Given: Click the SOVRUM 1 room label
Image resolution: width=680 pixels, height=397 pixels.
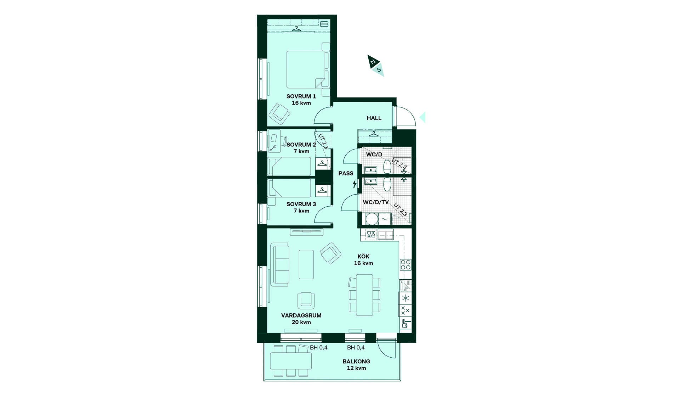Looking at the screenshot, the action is (x=301, y=96).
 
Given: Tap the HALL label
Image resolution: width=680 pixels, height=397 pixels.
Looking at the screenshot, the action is (x=374, y=118).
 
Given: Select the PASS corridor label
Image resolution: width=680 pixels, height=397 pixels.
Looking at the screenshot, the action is (x=346, y=173).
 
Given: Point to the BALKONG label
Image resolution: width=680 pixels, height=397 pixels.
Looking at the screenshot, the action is (x=356, y=362).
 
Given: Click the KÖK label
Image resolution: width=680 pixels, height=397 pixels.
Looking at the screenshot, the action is (x=363, y=256).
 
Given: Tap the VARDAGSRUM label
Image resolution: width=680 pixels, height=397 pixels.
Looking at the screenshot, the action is (x=301, y=315).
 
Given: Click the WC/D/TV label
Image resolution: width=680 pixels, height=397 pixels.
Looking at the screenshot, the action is (x=376, y=202).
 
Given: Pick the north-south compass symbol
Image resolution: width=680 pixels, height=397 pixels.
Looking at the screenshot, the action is (x=376, y=66).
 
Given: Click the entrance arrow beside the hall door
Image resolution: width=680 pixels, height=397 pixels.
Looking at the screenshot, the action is (x=422, y=117).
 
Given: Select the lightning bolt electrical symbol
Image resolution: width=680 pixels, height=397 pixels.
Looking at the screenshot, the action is (x=355, y=184).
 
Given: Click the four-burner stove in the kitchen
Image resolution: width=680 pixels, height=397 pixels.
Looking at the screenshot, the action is (x=406, y=265).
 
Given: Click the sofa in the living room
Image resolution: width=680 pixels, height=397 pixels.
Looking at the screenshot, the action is (x=280, y=264).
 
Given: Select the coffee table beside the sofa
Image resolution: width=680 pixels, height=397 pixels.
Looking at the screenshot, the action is (x=306, y=264).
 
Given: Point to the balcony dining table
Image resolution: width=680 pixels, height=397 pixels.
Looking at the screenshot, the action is (x=291, y=361).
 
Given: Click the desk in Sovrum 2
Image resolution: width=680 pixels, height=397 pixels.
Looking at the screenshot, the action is (x=274, y=141).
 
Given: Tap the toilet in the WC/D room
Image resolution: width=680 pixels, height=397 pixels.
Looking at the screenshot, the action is (x=387, y=166).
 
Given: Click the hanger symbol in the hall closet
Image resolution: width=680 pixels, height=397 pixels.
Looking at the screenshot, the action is (x=374, y=134).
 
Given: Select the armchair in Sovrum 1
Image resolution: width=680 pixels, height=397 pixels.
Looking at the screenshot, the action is (x=279, y=114).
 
